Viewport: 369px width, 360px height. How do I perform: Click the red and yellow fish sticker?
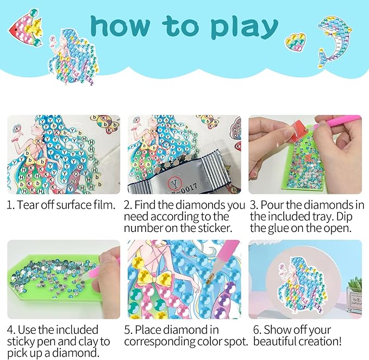click(x=26, y=28)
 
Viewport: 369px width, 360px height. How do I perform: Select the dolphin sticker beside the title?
click(x=334, y=41)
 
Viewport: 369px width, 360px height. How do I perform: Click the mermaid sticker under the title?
click(x=73, y=56)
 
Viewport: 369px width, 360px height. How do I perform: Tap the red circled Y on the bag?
click(x=174, y=182)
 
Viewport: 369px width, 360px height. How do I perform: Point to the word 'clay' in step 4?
click(x=88, y=342)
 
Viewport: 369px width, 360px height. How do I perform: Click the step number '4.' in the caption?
click(x=11, y=330)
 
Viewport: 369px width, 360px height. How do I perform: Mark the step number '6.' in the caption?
click(x=258, y=330)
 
